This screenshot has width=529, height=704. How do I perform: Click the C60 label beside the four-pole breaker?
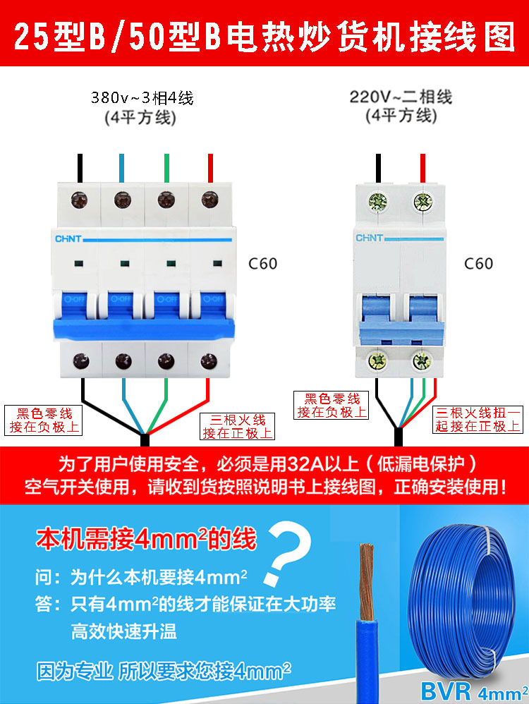(263, 265)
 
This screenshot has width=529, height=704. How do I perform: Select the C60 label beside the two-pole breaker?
(478, 264)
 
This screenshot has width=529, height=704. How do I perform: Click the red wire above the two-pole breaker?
(422, 167)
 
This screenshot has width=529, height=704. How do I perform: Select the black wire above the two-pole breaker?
(379, 167)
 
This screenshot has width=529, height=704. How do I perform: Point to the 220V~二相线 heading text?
(401, 96)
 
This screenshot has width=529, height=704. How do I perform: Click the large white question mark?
(291, 552)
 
